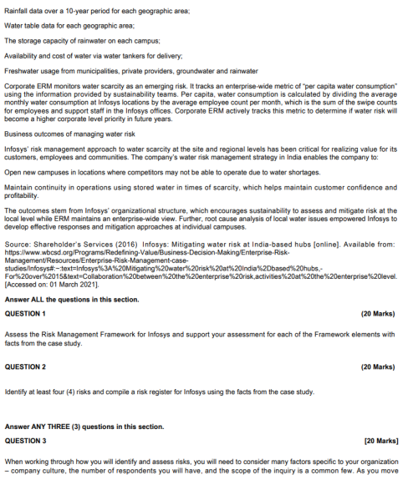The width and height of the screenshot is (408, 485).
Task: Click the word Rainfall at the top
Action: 17,9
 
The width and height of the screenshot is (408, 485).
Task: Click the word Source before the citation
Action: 18,246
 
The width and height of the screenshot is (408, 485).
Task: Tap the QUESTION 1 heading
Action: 26,314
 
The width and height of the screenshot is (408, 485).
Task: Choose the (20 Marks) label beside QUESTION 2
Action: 377,366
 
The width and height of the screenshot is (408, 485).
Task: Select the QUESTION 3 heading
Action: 26,440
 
